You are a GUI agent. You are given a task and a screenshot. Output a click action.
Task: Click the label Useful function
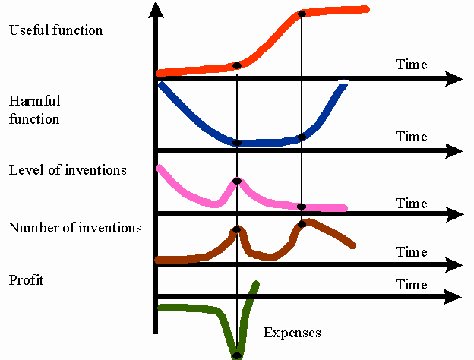(55, 30)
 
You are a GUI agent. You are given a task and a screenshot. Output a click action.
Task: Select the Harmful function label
(34, 109)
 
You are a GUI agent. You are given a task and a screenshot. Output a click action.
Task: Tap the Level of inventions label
(68, 170)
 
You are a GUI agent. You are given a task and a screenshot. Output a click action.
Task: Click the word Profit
(27, 280)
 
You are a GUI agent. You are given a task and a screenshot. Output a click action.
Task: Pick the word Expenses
(292, 333)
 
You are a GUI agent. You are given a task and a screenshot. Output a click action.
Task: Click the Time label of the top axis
(412, 65)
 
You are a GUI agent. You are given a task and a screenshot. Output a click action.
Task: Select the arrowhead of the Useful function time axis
(454, 78)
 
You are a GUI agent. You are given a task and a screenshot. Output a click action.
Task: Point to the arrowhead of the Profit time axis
(454, 295)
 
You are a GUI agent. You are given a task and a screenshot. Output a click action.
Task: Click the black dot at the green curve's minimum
(237, 355)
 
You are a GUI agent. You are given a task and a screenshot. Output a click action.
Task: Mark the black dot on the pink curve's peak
(237, 181)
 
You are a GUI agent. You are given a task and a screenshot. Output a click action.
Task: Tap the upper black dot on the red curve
(302, 14)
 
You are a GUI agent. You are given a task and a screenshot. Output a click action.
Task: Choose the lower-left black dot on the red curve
(237, 65)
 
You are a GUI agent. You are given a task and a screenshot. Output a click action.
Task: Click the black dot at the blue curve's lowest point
(237, 143)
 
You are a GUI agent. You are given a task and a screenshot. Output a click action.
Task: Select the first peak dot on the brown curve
(237, 229)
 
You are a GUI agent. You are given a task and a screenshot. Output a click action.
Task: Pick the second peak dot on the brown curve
(302, 223)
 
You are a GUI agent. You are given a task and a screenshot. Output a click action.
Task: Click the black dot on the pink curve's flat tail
(302, 207)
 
